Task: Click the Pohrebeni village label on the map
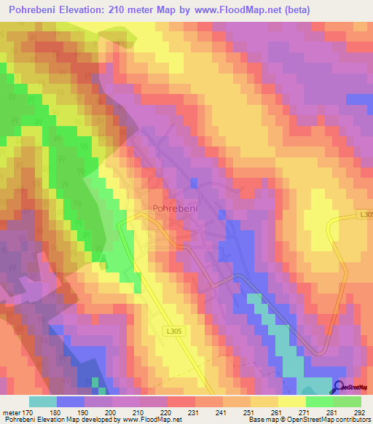[172, 208]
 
